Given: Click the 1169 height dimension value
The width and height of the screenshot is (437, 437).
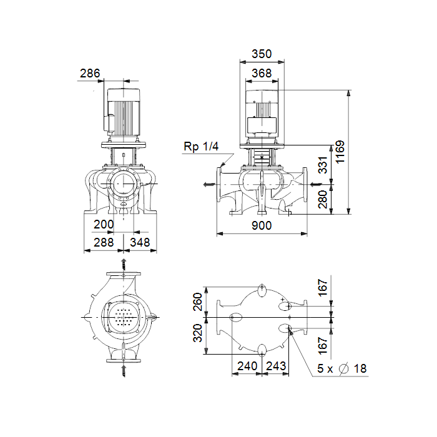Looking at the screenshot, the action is tap(340, 152).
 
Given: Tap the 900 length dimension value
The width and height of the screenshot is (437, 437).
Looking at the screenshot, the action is tap(262, 225).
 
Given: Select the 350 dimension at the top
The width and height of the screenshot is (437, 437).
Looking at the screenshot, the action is tap(262, 54).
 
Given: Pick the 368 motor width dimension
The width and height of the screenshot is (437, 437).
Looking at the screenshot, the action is tap(262, 73).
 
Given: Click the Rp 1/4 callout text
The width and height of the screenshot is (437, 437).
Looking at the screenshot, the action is tap(201, 146).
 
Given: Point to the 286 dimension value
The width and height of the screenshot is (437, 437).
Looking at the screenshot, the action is tap(90, 73).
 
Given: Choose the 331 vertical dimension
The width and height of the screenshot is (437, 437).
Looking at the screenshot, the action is tap(323, 165).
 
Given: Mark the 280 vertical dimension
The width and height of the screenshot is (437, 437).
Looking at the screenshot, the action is tap(323, 199).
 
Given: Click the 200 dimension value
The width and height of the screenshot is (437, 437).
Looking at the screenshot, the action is tap(104, 224).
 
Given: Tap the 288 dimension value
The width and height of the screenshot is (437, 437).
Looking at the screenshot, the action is tap(104, 242).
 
